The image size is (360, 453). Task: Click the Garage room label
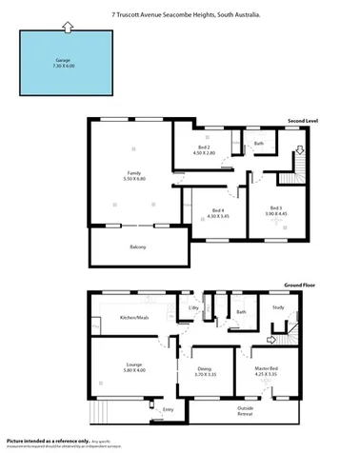pos(63,63)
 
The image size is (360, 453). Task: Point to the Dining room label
pos(205,371)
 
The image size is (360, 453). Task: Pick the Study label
pos(278,307)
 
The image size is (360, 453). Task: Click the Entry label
pos(168,409)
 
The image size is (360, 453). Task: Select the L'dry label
pos(193,307)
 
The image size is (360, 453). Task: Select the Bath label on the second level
pos(258,144)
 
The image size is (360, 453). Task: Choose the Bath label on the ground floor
pos(241,311)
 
